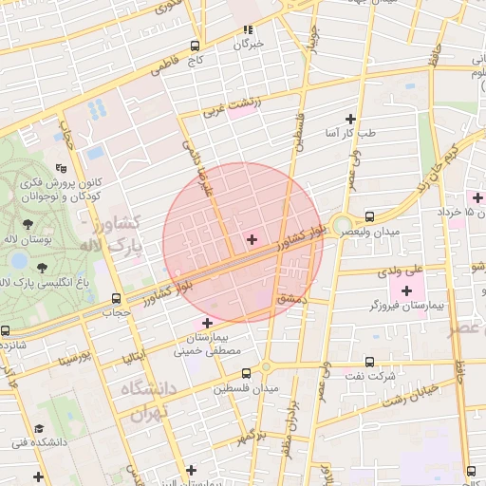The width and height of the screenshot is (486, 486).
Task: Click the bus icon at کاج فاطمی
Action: click(x=195, y=46)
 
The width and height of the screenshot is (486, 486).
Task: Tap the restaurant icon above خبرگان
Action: click(x=249, y=29)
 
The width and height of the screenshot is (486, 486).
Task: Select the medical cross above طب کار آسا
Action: click(x=350, y=119)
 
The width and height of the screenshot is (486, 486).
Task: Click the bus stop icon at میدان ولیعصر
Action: click(x=369, y=215)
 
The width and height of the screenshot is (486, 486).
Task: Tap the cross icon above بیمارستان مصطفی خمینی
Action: click(x=207, y=323)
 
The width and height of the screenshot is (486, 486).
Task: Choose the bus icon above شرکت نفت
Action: click(x=369, y=362)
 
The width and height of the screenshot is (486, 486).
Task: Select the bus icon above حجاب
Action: click(x=116, y=298)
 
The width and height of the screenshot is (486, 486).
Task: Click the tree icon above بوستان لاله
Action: click(x=27, y=224)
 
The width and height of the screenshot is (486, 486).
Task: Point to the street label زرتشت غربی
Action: click(x=228, y=110)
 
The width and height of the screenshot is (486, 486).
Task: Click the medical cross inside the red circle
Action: click(x=252, y=238)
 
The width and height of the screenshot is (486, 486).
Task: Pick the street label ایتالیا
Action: click(x=133, y=356)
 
